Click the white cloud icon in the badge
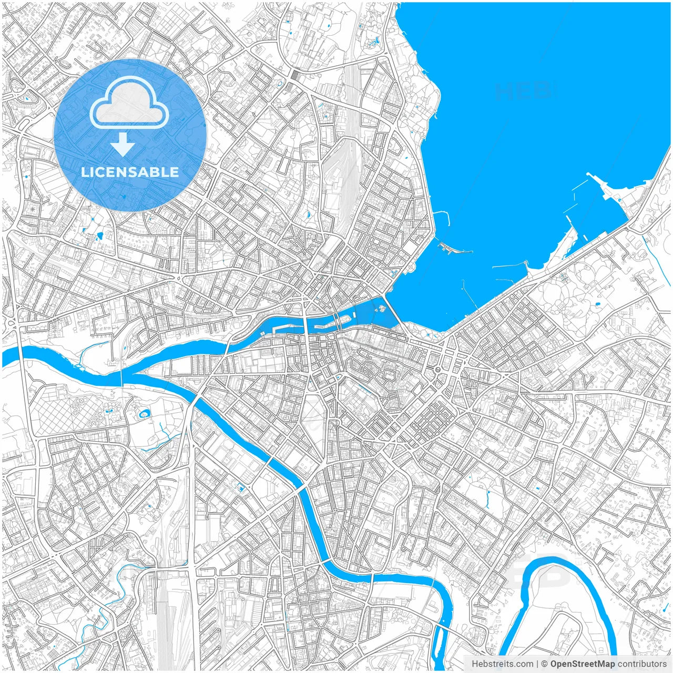pyautogui.click(x=129, y=103)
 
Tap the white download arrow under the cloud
pyautogui.click(x=123, y=145)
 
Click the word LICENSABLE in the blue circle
pyautogui.click(x=130, y=172)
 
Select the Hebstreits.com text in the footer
pyautogui.click(x=502, y=664)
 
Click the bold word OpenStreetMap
pyautogui.click(x=583, y=664)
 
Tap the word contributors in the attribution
pyautogui.click(x=642, y=664)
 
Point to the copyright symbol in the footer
pyautogui.click(x=545, y=664)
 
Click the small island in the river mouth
pyautogui.click(x=381, y=309)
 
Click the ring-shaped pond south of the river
pyautogui.click(x=144, y=414)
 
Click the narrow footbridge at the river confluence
pyautogui.click(x=121, y=371)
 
